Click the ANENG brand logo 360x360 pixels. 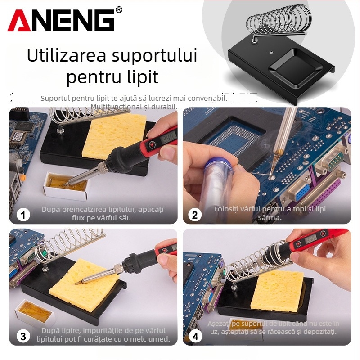coord(61,21)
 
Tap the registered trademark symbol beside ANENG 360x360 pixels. coord(119,9)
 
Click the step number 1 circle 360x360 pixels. coord(23,215)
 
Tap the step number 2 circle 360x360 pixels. coord(195,215)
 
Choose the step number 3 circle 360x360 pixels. coord(23,335)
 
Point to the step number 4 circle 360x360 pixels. coord(195,335)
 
